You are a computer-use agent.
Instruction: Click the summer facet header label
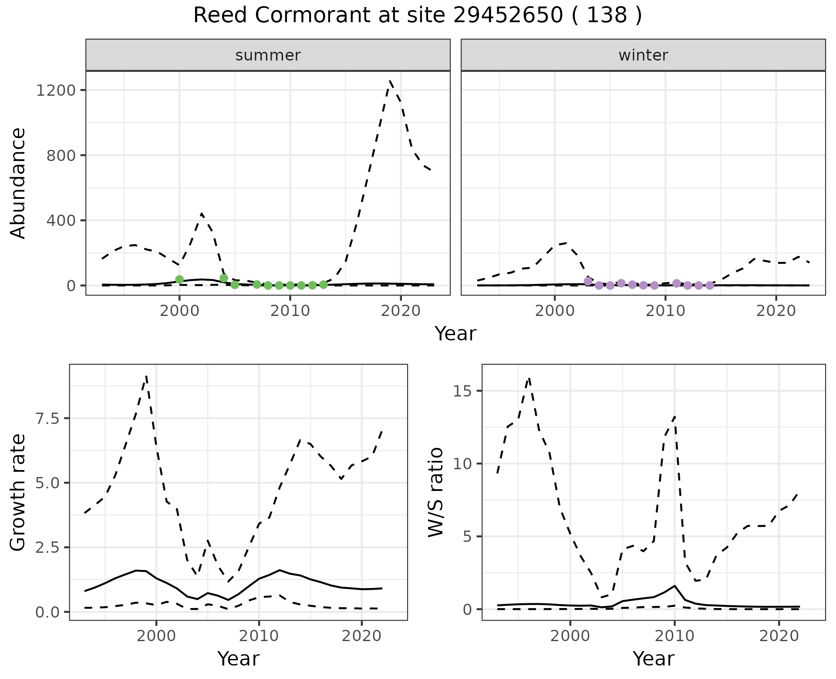point(268,55)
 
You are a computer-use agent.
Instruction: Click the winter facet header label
point(643,55)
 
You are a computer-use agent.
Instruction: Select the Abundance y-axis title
point(18,183)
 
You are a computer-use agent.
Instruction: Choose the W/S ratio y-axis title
point(436,492)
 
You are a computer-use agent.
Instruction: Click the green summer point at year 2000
point(179,279)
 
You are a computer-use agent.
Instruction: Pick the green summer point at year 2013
point(323,285)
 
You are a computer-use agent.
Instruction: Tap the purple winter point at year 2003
point(588,281)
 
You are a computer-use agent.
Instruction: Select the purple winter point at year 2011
point(676,283)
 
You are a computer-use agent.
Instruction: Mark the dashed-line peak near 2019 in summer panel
point(390,81)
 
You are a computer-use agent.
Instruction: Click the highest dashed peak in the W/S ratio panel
point(529,378)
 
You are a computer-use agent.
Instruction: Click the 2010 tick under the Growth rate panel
point(259,636)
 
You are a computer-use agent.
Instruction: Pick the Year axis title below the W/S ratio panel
point(653,659)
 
